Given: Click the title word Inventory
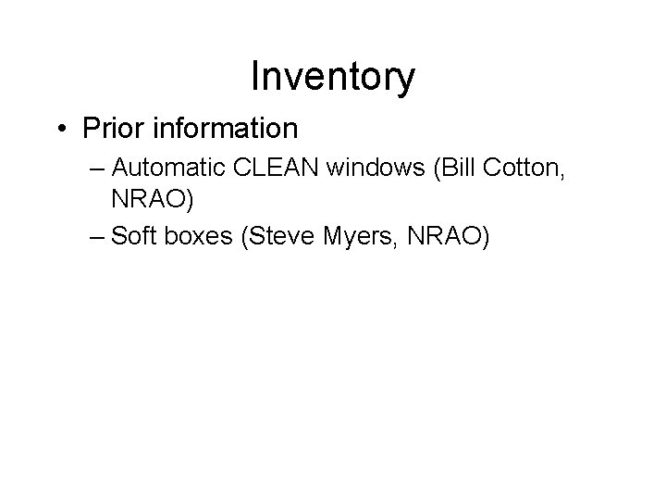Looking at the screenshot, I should (x=333, y=78).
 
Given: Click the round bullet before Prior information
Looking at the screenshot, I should (x=61, y=127).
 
